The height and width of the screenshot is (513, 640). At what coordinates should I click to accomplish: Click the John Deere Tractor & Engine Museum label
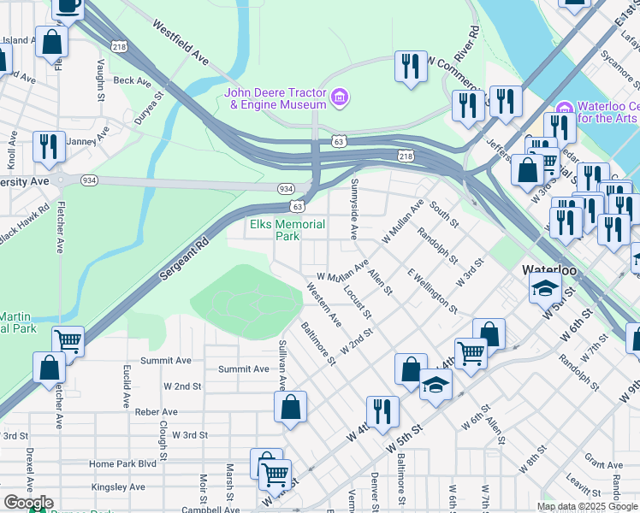[276, 98]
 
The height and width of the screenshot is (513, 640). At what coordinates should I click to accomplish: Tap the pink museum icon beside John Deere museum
[340, 97]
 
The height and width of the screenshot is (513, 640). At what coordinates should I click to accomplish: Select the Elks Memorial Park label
[287, 230]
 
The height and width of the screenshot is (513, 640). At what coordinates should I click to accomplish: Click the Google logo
[27, 503]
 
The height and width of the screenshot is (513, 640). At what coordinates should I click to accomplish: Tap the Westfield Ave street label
[181, 44]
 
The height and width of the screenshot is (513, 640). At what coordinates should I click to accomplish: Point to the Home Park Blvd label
[123, 463]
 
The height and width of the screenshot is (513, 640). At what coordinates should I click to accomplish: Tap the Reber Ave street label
[155, 411]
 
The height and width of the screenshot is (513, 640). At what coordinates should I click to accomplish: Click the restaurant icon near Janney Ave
[49, 146]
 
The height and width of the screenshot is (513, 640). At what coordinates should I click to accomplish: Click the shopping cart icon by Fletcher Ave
[68, 341]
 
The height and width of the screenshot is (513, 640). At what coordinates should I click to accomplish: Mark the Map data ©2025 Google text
[587, 506]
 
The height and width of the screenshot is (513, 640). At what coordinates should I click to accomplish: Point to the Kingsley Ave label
[116, 486]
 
